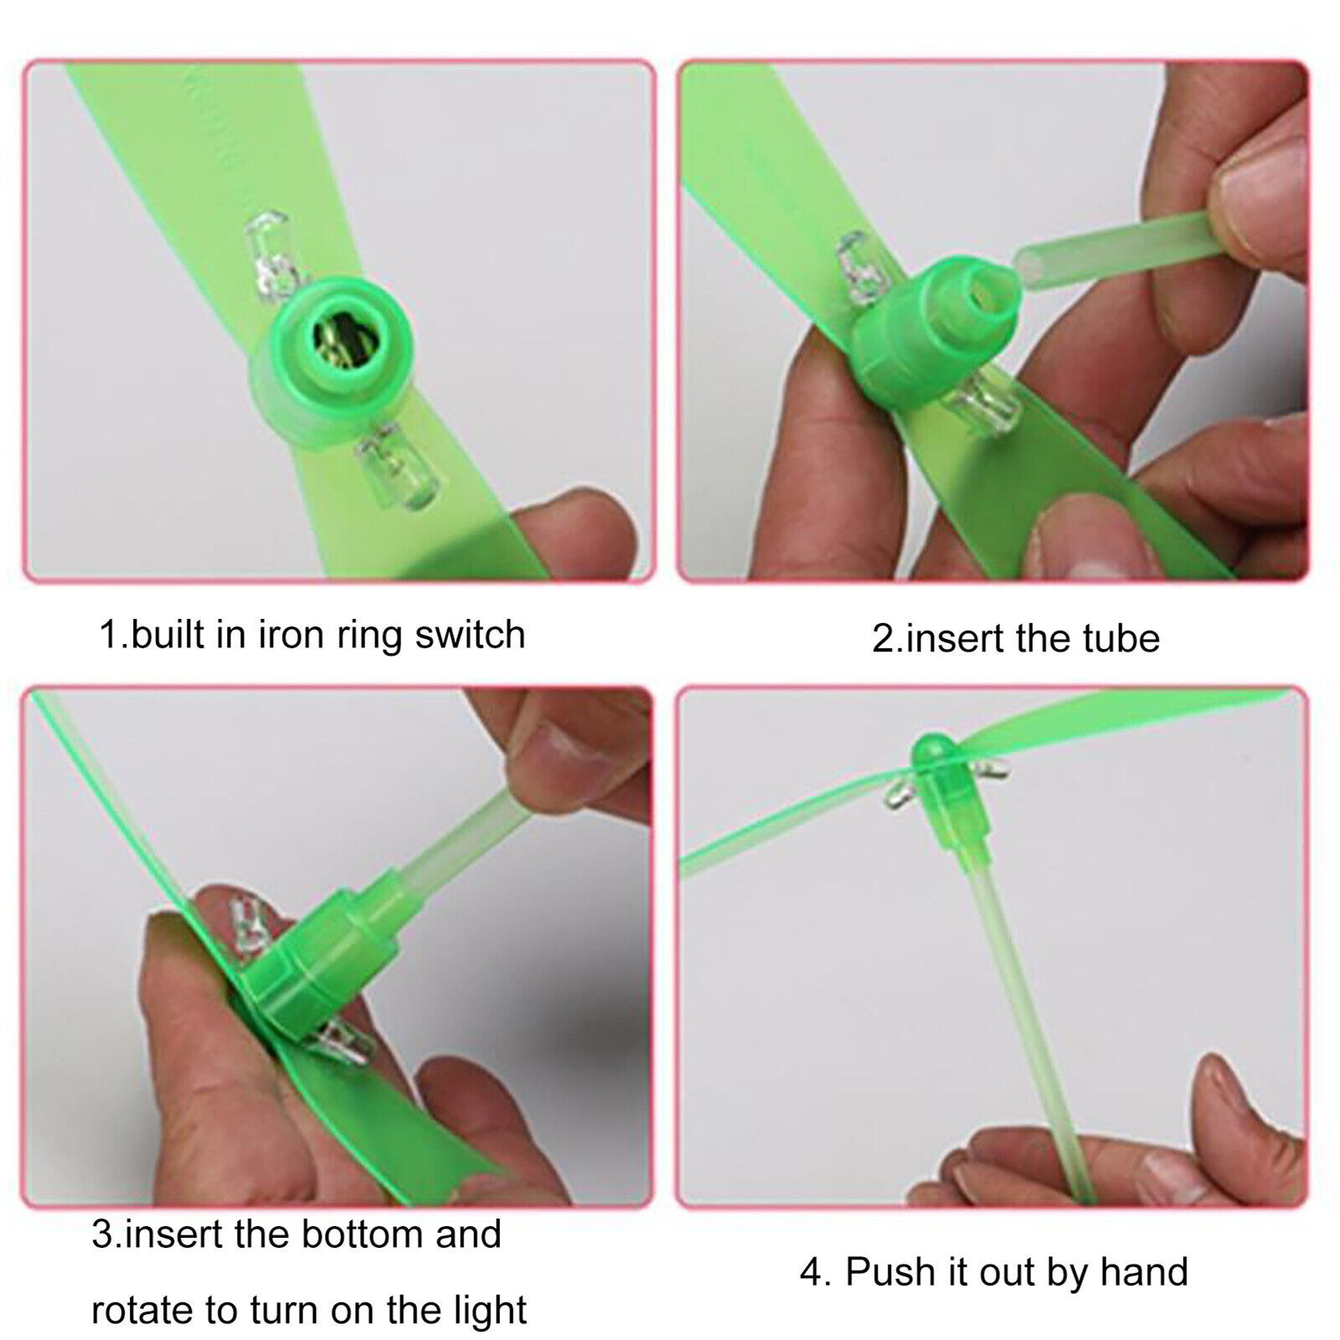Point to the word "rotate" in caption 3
coord(140,1308)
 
